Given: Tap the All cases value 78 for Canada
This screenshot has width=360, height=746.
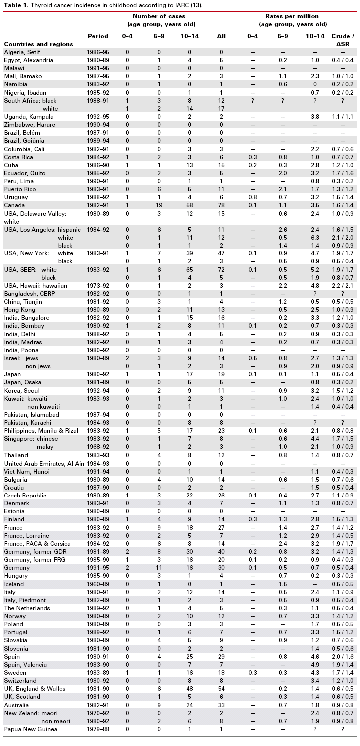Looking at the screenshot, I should [x=221, y=205].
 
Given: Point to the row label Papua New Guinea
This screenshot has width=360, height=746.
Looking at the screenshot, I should [x=30, y=729].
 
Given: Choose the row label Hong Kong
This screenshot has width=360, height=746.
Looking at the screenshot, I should [x=19, y=309].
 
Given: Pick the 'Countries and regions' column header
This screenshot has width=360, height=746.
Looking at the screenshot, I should [x=39, y=44].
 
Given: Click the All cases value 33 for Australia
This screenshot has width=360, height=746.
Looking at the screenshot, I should [x=221, y=705].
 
